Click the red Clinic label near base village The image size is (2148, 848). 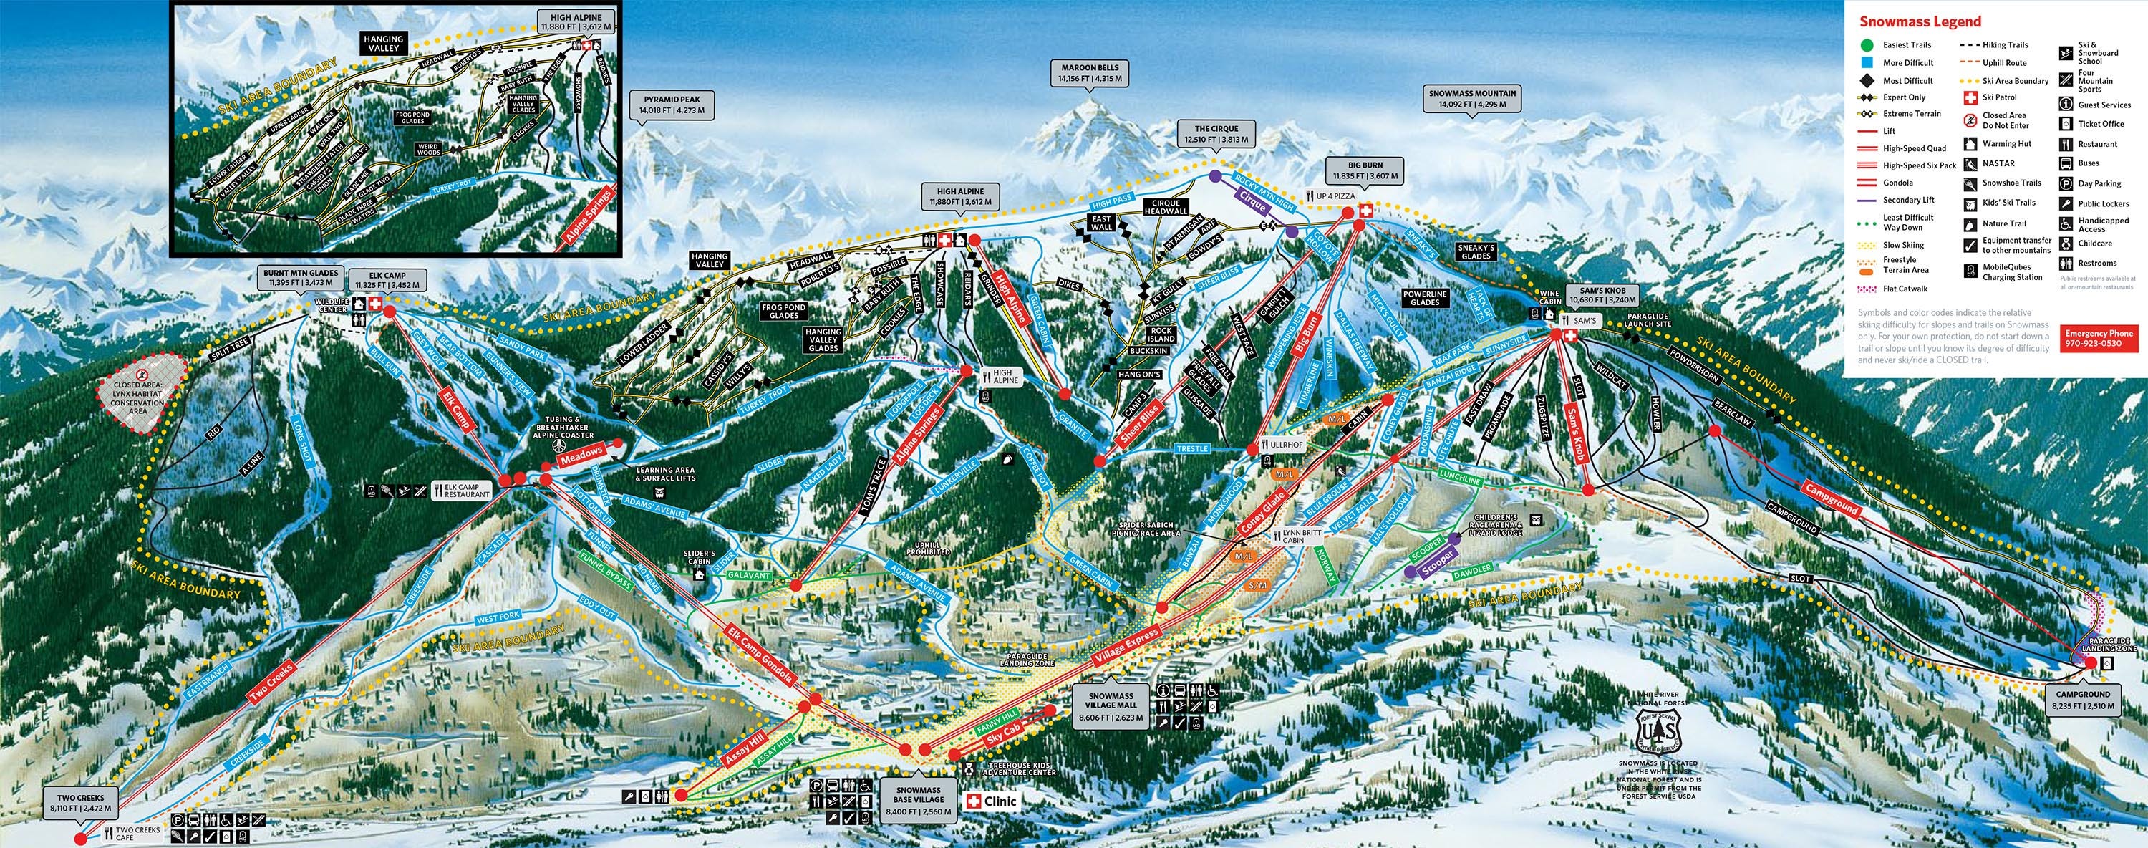[992, 802]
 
